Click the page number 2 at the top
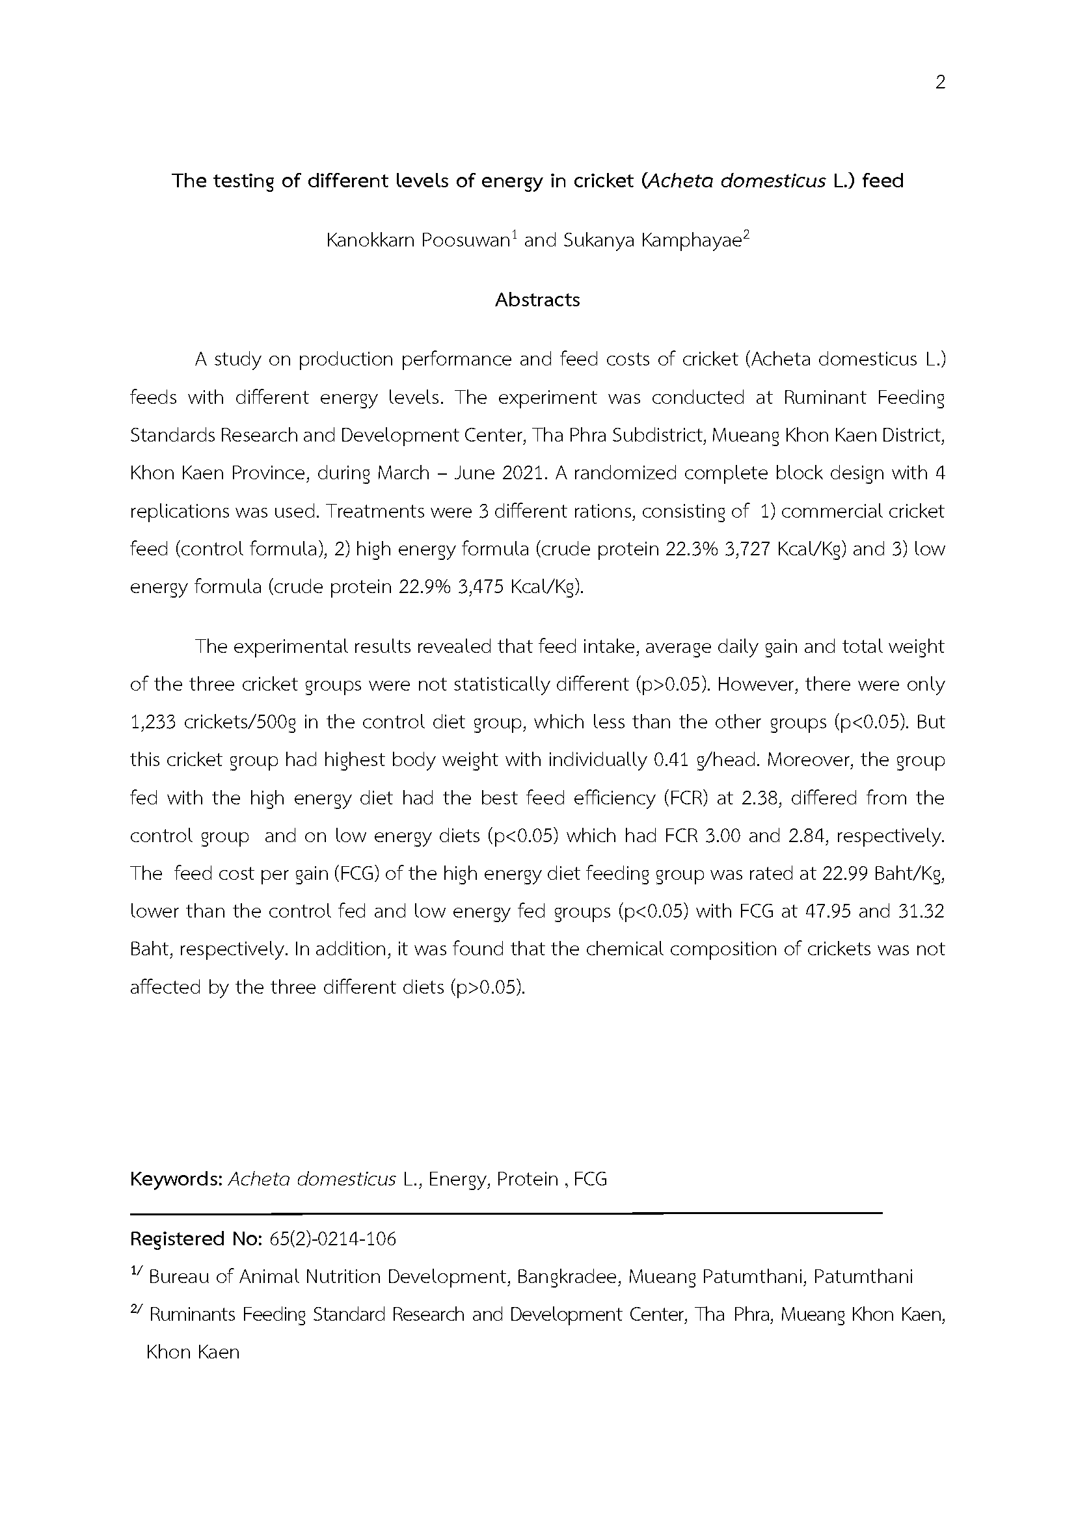tap(939, 83)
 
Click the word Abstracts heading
tap(537, 300)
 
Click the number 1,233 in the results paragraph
tap(152, 722)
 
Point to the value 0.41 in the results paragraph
tap(669, 760)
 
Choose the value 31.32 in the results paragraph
tap(922, 912)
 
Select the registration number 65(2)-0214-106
tap(332, 1239)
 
